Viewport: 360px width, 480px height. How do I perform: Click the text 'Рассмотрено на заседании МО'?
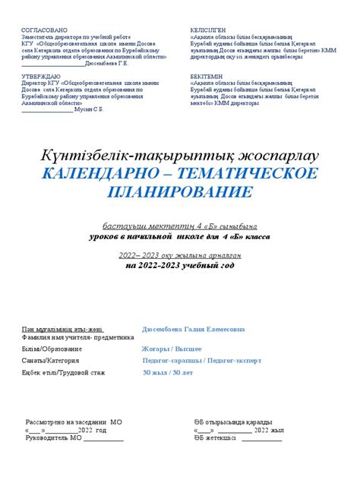click(x=74, y=421)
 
